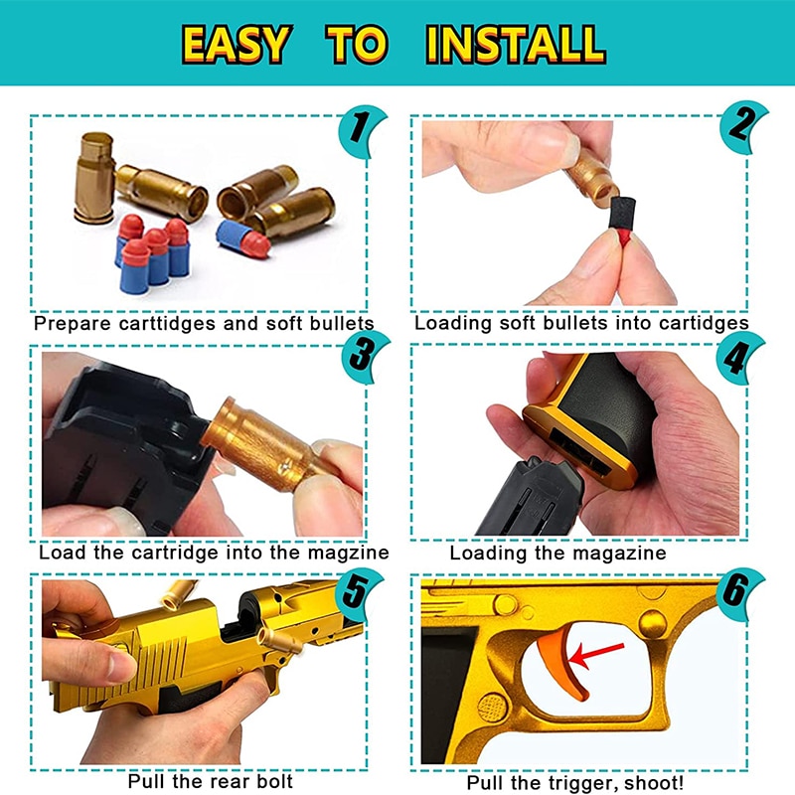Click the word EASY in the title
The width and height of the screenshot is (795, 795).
click(237, 45)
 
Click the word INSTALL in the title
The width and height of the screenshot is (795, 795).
click(515, 45)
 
